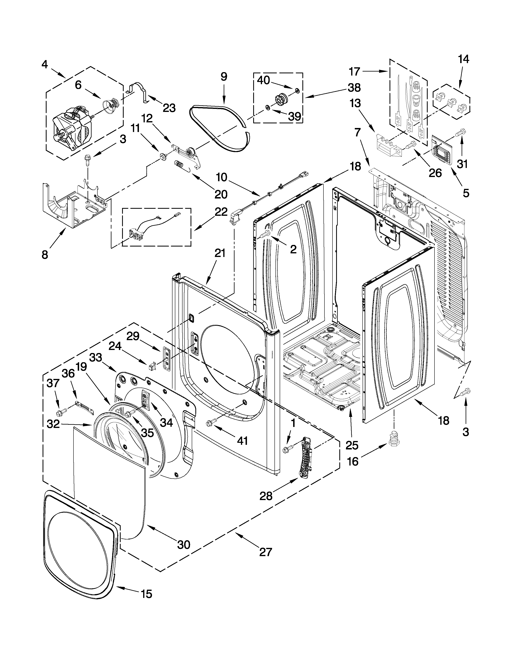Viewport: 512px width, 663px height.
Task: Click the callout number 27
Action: (265, 551)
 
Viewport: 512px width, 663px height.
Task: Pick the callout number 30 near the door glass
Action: (184, 544)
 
